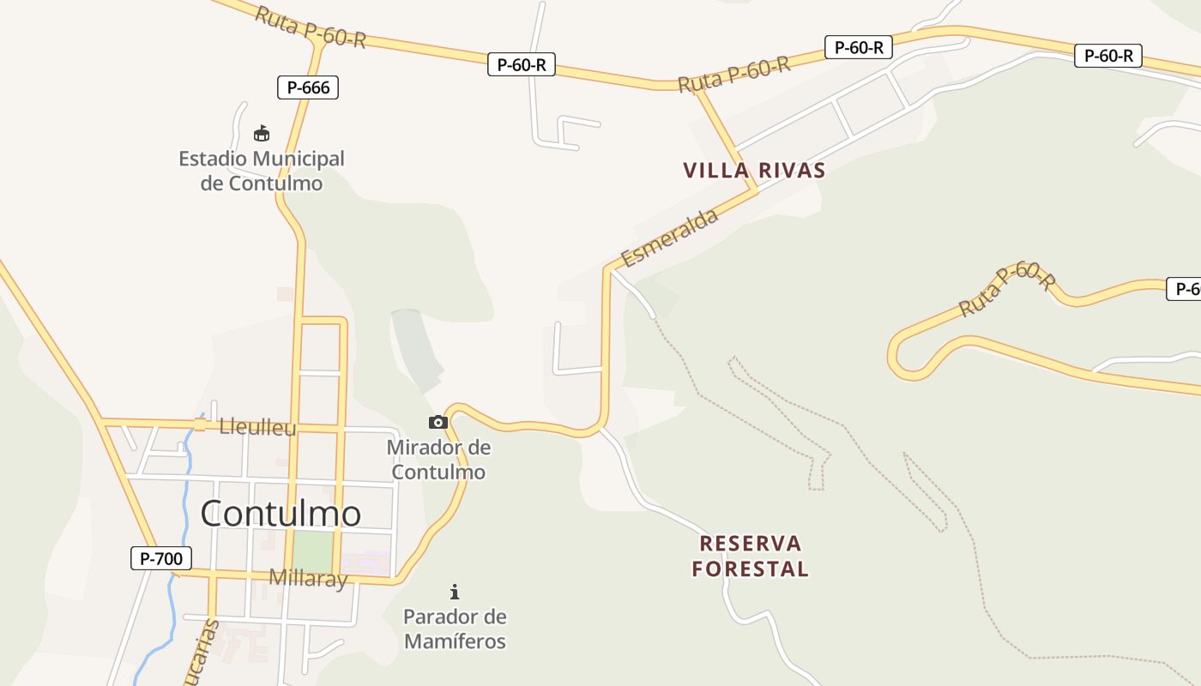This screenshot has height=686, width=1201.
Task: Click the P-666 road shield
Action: (x=308, y=87)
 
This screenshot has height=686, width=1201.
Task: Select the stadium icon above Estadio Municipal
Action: (x=262, y=133)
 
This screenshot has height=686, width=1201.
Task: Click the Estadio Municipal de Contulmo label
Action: (x=262, y=171)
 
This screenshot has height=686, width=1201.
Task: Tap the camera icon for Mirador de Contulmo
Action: (x=438, y=422)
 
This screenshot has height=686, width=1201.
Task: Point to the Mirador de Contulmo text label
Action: (x=438, y=460)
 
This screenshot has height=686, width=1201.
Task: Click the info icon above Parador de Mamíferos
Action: (x=455, y=591)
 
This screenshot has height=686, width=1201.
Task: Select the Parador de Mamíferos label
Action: (x=455, y=629)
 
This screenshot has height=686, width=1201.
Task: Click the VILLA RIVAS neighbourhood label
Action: (x=754, y=170)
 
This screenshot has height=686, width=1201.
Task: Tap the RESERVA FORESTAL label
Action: (x=751, y=556)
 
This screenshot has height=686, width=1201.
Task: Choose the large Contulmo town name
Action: (x=281, y=514)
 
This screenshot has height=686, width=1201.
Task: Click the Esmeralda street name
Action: (x=670, y=238)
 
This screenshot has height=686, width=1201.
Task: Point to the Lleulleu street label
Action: (x=257, y=427)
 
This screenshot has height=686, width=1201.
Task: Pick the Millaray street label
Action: (x=308, y=578)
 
